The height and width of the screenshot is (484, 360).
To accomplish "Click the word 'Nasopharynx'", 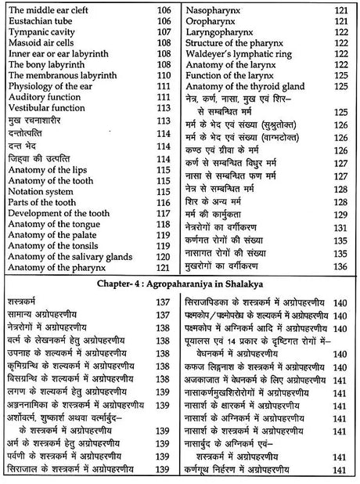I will click(217, 9).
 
